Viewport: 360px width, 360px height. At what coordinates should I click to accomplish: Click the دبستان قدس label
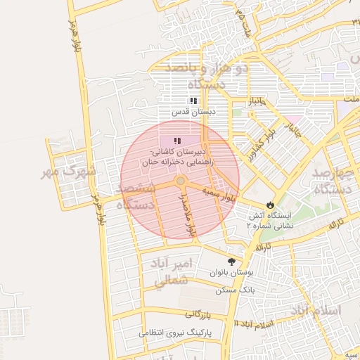[194, 112]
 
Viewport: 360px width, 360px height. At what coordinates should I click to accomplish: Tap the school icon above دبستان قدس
[194, 101]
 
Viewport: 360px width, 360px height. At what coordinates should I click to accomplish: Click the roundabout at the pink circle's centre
[181, 181]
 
